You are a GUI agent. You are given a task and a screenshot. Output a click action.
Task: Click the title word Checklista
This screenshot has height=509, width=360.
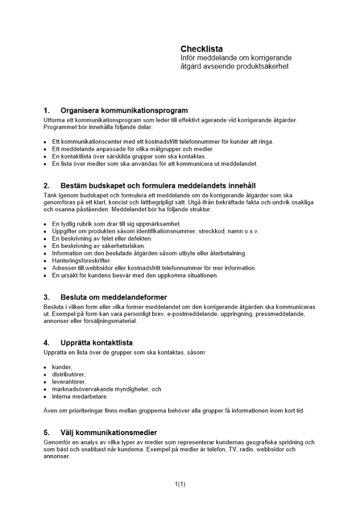tap(202, 49)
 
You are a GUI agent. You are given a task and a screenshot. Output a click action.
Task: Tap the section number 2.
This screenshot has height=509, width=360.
tap(46, 185)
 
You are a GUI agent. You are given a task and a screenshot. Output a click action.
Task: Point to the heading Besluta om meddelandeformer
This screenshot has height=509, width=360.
tap(114, 297)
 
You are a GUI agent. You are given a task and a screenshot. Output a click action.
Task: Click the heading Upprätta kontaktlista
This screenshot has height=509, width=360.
tap(96, 343)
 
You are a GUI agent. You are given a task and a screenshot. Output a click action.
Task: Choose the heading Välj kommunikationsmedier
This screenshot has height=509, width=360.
tap(108, 433)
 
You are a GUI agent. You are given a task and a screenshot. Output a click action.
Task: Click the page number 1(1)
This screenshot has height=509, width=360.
tap(180, 484)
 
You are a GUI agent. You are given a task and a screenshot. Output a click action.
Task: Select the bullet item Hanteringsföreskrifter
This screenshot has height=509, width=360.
tap(74, 261)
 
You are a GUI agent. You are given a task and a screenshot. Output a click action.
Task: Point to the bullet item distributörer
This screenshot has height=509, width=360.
tap(69, 375)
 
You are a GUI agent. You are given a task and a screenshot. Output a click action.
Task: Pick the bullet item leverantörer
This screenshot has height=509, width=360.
tap(69, 382)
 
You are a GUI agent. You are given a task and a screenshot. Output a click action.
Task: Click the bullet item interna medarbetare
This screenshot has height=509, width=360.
tap(80, 397)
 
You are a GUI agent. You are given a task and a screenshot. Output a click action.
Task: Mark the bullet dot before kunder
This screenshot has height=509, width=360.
tap(45, 367)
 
